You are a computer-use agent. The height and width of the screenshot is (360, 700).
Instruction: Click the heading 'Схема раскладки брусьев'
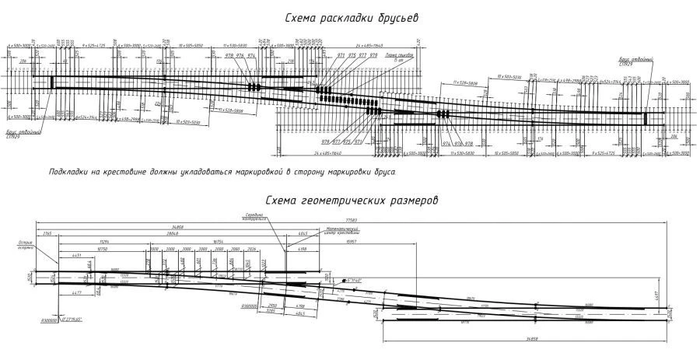coord(354,19)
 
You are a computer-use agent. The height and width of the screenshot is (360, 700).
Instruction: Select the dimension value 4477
coord(75,292)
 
